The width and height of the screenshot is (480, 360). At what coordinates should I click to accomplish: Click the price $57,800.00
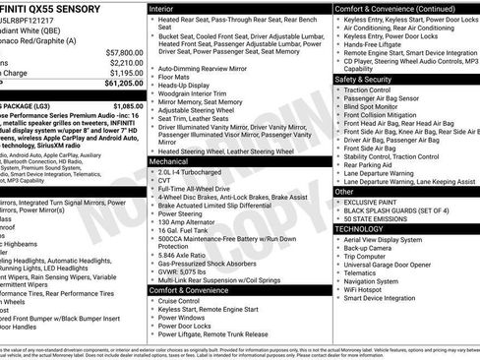pos(122,52)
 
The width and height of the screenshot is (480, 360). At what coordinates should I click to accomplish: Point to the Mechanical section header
pos(169,159)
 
